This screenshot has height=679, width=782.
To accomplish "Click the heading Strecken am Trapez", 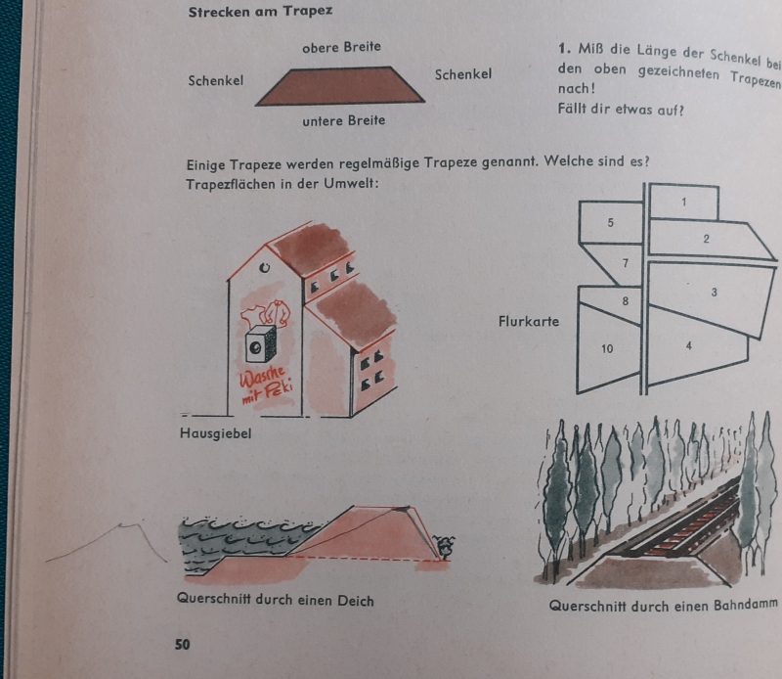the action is coord(260,12).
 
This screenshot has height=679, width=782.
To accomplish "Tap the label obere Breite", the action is coord(341,47).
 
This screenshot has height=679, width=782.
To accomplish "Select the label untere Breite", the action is coord(344,120).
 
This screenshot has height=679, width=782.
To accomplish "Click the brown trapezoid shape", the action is coord(340,86).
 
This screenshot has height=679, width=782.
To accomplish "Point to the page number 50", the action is coord(183,645).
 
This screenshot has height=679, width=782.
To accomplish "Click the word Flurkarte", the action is coord(529,322).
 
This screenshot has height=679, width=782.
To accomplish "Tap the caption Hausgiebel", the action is coord(215,433).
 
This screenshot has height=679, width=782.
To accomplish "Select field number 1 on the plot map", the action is coord(683,202).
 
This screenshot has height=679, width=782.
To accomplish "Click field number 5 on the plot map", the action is coord(610,223).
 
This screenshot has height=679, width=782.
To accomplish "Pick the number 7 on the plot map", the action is coord(626,262).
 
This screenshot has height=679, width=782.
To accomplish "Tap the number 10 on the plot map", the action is coord(607,348).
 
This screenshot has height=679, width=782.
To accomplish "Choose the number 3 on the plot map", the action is coord(715,293).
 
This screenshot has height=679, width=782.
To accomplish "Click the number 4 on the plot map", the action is coord(689,345).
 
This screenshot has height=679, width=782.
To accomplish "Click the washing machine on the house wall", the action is coord(260,343).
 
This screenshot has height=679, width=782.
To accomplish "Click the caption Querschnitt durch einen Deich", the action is coord(276,599).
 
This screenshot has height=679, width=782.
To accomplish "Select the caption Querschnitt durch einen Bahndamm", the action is coord(664,606).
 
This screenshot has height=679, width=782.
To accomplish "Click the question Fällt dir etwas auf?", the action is coord(621,109).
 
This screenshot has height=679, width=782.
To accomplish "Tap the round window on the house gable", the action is coord(265,268).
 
